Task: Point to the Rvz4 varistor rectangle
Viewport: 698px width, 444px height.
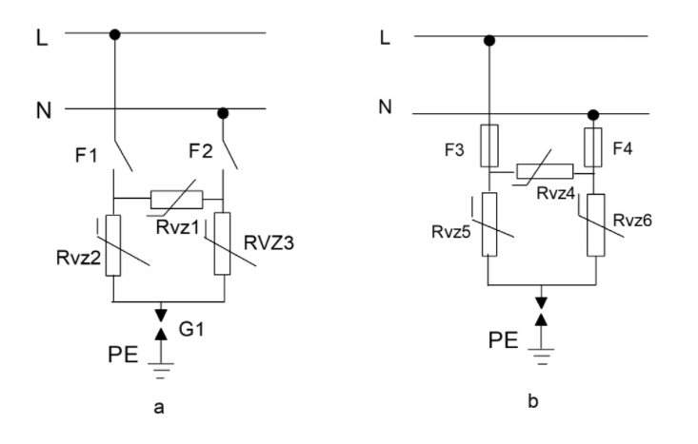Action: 545,171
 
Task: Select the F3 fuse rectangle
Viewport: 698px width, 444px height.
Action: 489,145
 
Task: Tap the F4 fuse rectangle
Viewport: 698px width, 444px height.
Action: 592,147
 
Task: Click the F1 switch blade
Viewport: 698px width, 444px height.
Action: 123,156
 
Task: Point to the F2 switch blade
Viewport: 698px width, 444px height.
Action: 229,154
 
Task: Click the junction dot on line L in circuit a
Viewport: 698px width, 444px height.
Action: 115,34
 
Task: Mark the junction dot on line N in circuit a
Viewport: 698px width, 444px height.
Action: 223,113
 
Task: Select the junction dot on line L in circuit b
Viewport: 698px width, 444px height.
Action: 489,41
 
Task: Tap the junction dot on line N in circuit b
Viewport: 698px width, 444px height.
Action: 593,116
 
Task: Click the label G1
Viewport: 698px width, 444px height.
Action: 191,329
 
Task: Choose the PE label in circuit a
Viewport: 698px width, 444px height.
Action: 123,355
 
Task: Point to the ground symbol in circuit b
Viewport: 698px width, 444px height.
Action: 541,357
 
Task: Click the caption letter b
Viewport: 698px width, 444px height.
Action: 533,401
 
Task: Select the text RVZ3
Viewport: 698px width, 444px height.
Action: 269,243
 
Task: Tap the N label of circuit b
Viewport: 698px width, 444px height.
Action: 386,107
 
